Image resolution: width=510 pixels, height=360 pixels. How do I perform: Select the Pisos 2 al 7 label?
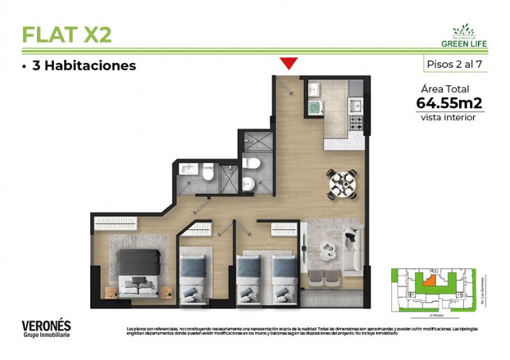coord(455,64)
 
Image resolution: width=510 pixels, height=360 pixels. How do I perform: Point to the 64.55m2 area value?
coord(449,103)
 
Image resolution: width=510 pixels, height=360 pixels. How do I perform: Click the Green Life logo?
coord(464,36)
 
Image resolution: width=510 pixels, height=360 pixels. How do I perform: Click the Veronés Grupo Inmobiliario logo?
coord(46,329)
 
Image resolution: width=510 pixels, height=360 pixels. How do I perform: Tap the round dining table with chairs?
coord(342,183)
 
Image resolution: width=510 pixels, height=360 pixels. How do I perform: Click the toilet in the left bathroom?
coord(207,171)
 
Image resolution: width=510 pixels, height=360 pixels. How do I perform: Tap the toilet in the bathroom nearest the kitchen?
coord(252,163)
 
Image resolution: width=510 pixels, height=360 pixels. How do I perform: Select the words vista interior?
coord(448,117)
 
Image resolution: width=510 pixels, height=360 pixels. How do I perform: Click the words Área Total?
coord(445,89)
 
